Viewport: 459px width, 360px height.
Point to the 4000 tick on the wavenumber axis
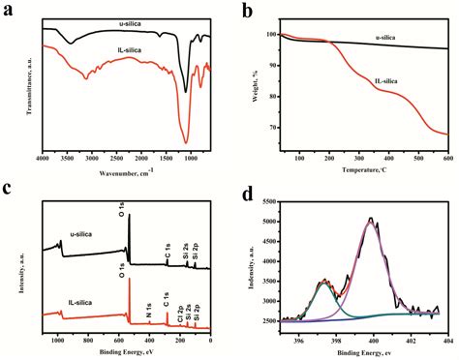pos(42,157)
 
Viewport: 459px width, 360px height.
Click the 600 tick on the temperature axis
pos(447,157)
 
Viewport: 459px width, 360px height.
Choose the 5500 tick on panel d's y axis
pos(270,201)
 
